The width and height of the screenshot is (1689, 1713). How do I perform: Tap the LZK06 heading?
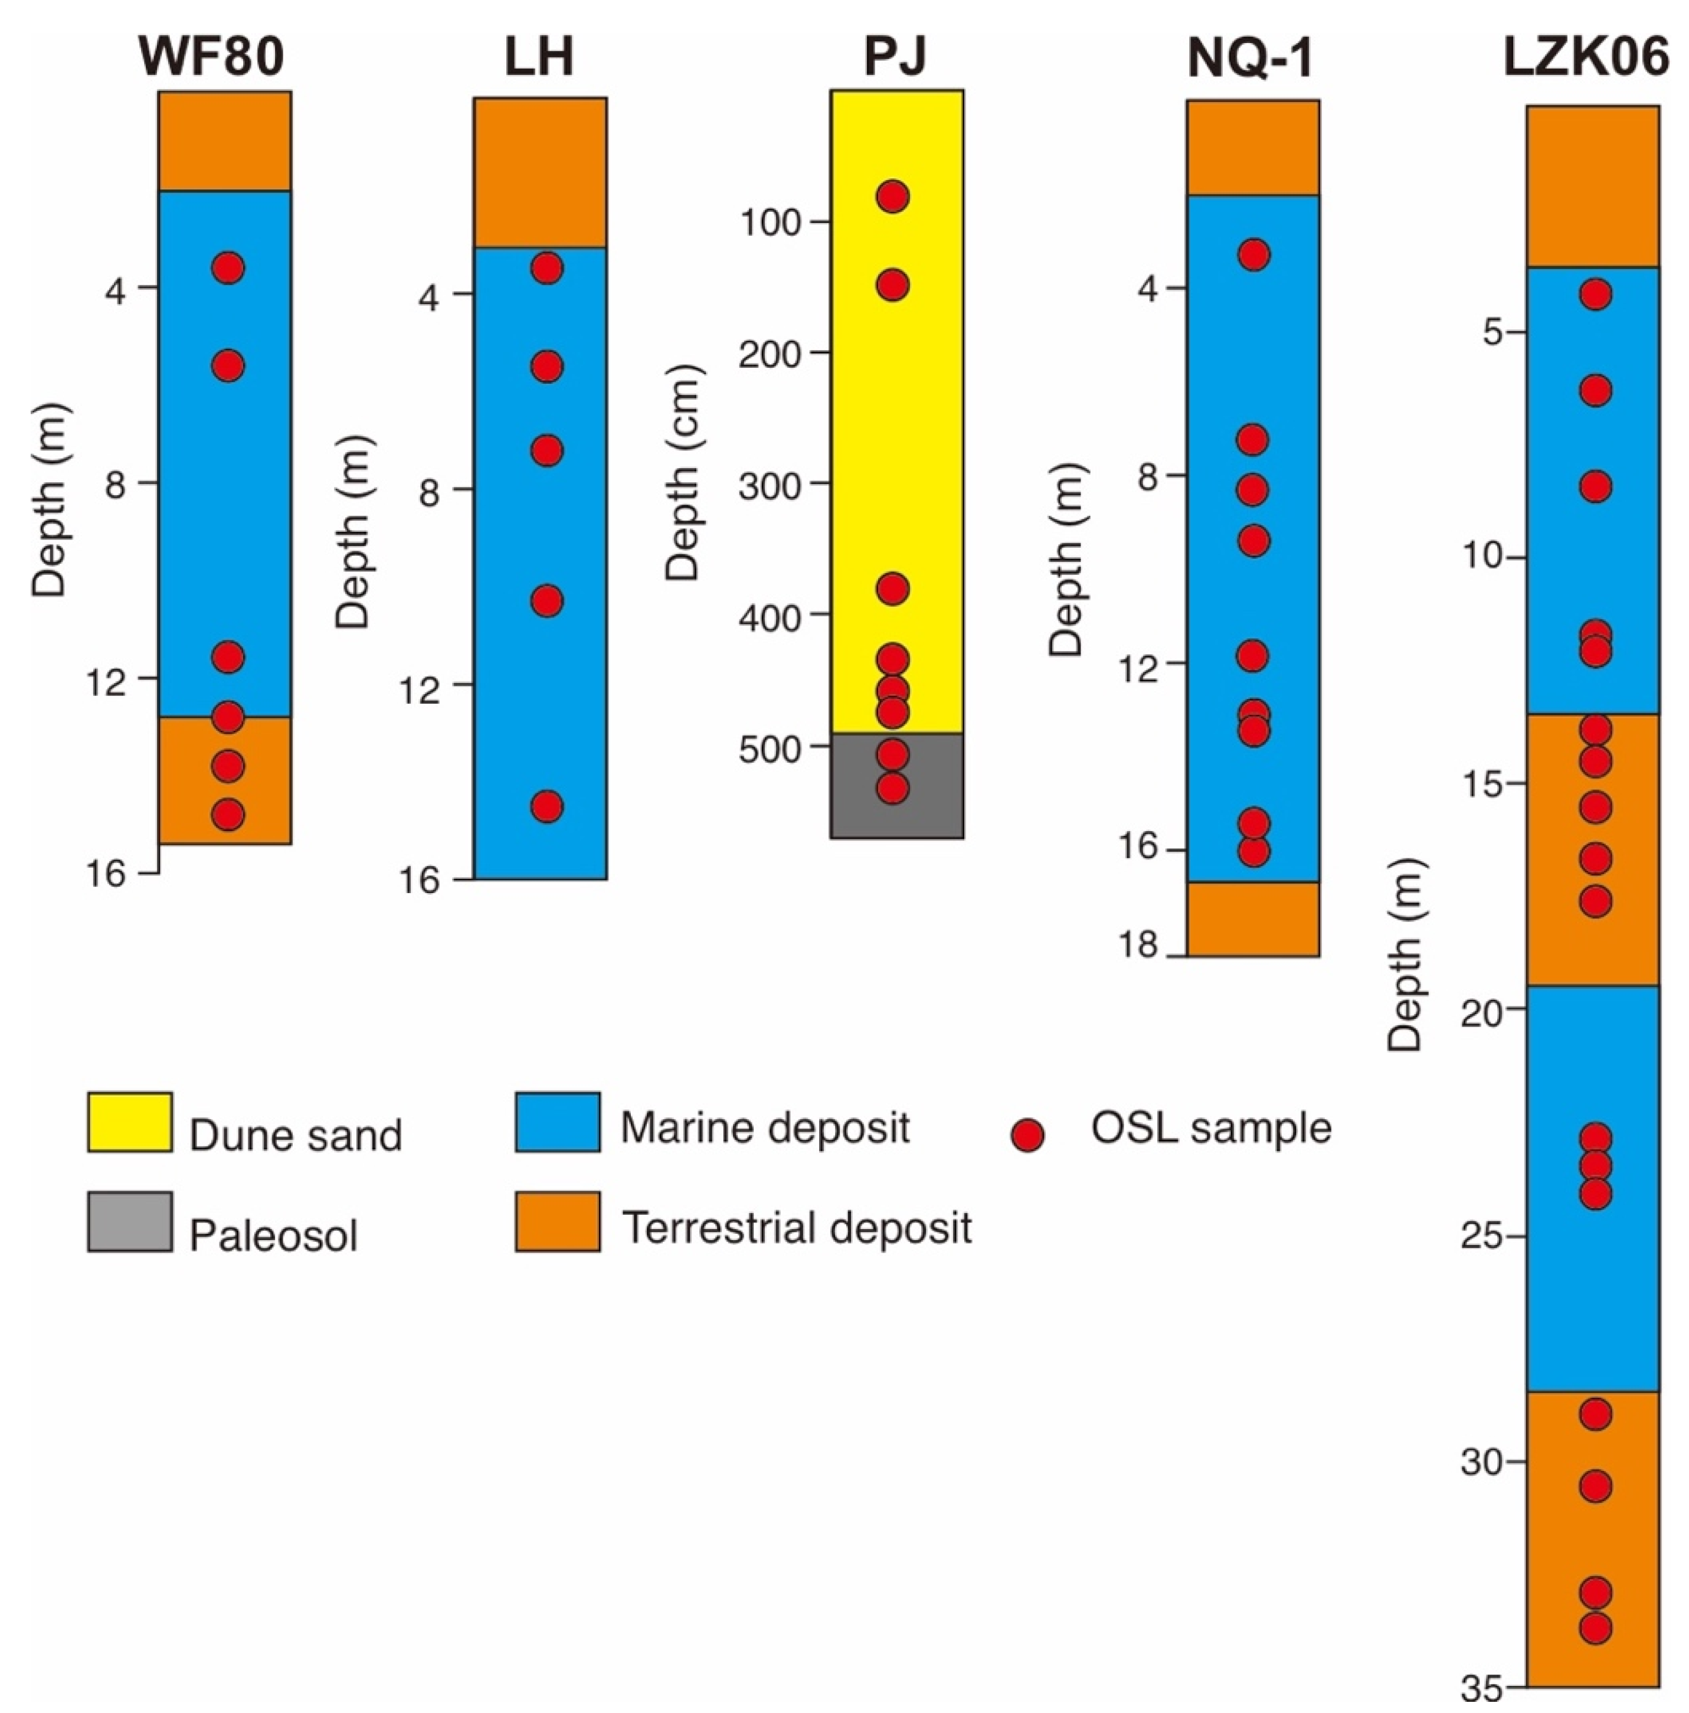[x=1585, y=56]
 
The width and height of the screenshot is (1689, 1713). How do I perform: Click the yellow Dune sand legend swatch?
[x=129, y=1122]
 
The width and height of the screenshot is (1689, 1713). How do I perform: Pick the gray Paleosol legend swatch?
[x=129, y=1221]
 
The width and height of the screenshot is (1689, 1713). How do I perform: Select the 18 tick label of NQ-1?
[x=1138, y=944]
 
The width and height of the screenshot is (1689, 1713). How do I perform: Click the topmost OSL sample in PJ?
[x=892, y=196]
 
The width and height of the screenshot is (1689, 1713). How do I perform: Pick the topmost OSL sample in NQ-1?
[x=1253, y=254]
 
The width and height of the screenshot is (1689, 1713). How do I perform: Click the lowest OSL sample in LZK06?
[x=1595, y=1628]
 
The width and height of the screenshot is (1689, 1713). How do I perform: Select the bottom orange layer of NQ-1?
[x=1253, y=918]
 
